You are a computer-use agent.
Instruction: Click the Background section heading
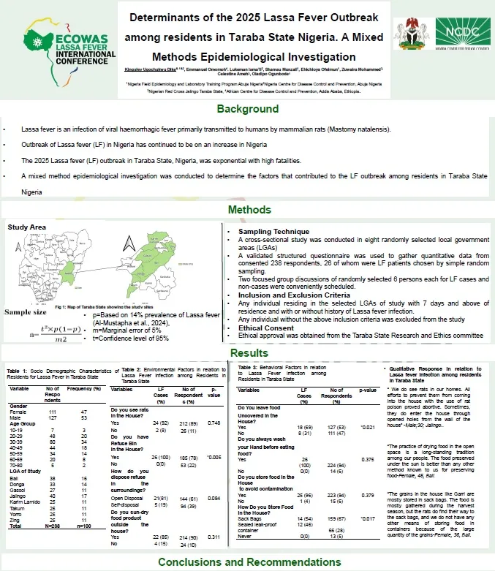point(246,110)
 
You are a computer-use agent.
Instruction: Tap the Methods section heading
point(246,211)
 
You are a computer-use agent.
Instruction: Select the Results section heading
point(246,353)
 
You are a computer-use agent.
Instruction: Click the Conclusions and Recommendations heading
point(247,562)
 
